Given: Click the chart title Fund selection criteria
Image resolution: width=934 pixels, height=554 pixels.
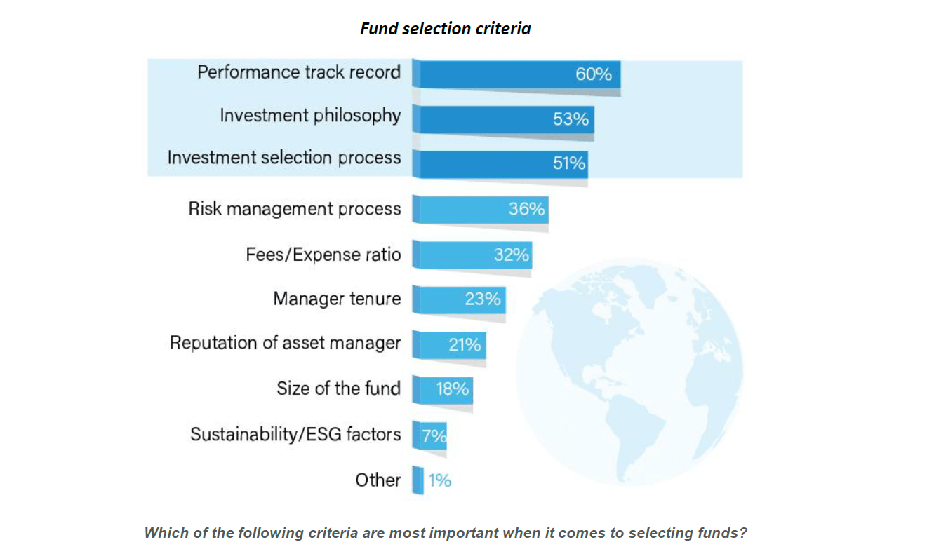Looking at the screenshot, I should [x=445, y=29].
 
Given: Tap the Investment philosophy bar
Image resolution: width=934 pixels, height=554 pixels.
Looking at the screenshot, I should [x=505, y=119].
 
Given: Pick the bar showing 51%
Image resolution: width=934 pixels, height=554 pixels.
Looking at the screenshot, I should [x=502, y=163].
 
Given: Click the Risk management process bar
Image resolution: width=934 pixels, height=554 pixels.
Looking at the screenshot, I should [x=481, y=209].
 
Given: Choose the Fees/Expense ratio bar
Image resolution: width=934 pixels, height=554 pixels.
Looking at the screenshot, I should [x=472, y=255].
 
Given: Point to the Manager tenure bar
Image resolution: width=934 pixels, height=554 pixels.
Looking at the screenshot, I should [x=460, y=299].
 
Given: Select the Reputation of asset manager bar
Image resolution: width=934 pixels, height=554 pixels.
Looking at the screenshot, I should [x=450, y=344].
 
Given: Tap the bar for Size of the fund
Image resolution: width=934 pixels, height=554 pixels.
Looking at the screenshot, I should [x=443, y=389].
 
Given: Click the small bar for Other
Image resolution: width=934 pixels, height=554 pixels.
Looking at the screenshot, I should [x=418, y=480].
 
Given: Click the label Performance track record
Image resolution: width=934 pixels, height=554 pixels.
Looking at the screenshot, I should [x=299, y=72].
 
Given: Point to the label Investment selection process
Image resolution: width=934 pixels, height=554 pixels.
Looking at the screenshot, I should [x=284, y=158].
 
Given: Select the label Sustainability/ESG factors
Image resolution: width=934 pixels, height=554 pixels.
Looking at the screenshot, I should [x=295, y=434].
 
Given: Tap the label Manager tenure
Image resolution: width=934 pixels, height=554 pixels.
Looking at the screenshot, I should [x=337, y=299].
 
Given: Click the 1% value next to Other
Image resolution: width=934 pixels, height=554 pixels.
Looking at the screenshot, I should [x=440, y=480].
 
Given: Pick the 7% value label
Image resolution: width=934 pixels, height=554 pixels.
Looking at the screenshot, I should [x=434, y=436].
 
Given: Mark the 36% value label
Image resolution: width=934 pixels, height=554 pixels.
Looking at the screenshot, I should [x=527, y=208].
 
